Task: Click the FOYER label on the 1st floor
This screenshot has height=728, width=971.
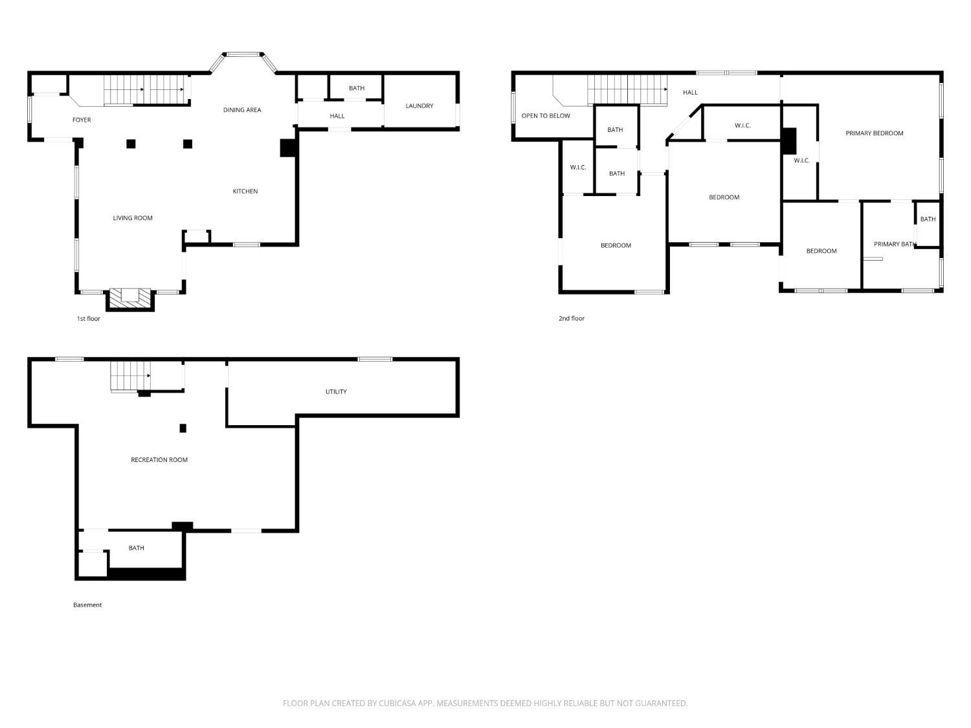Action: pos(82,120)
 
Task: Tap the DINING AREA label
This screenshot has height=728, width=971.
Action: pos(242,109)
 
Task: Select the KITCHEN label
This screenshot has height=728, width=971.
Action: pos(245,191)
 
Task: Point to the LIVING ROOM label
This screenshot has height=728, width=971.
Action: pos(132,218)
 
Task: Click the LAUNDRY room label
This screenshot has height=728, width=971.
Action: pos(419,105)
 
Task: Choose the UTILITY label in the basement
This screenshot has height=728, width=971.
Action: pos(336,392)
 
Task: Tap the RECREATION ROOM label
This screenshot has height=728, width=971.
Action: pos(159,459)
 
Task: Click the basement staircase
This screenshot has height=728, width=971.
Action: pos(130,376)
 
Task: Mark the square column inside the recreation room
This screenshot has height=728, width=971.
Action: pos(183,428)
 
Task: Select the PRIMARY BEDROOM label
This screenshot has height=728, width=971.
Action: pos(874,133)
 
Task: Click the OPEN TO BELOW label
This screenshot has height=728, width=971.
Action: pos(546,116)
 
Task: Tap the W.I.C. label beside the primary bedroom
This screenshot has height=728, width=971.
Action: pos(801,160)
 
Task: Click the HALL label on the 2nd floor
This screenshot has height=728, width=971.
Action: pos(690,93)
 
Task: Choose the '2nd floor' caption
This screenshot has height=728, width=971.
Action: pos(571,318)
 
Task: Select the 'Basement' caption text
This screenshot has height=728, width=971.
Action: pos(87,604)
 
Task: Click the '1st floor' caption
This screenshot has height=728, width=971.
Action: pos(89,318)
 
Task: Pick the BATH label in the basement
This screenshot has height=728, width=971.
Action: pos(136,547)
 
